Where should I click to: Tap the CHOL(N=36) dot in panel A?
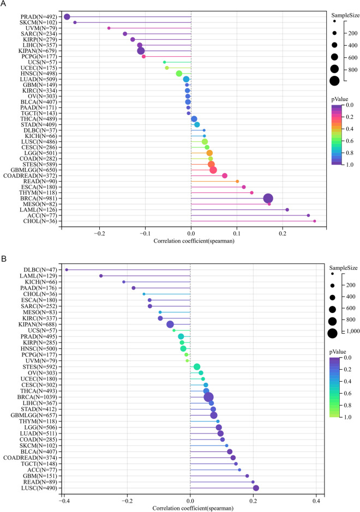315,221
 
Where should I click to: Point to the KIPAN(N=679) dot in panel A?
141,51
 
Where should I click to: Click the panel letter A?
4,4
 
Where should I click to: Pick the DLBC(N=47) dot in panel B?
67,269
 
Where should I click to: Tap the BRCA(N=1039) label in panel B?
33,382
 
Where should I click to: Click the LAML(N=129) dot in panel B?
101,276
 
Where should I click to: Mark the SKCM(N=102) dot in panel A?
75,22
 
